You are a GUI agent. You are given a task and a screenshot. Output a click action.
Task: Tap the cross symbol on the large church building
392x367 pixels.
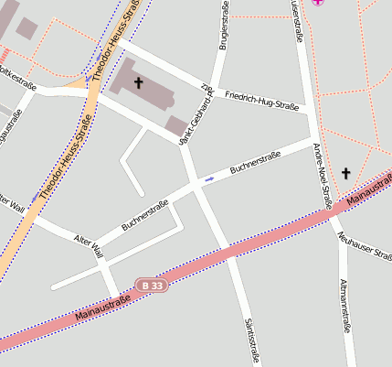pyautogui.click(x=139, y=83)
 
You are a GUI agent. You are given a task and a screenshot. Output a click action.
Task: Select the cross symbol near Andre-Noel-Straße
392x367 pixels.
pyautogui.click(x=345, y=172)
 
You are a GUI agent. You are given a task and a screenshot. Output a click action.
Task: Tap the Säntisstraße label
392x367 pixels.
pyautogui.click(x=249, y=340)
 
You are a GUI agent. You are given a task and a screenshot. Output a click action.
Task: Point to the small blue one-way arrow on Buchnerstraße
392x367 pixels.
pyautogui.click(x=209, y=178)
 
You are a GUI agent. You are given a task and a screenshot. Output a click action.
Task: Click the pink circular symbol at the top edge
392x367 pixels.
pyautogui.click(x=318, y=3)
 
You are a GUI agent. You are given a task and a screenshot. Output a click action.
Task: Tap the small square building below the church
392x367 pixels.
pyautogui.click(x=175, y=125)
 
